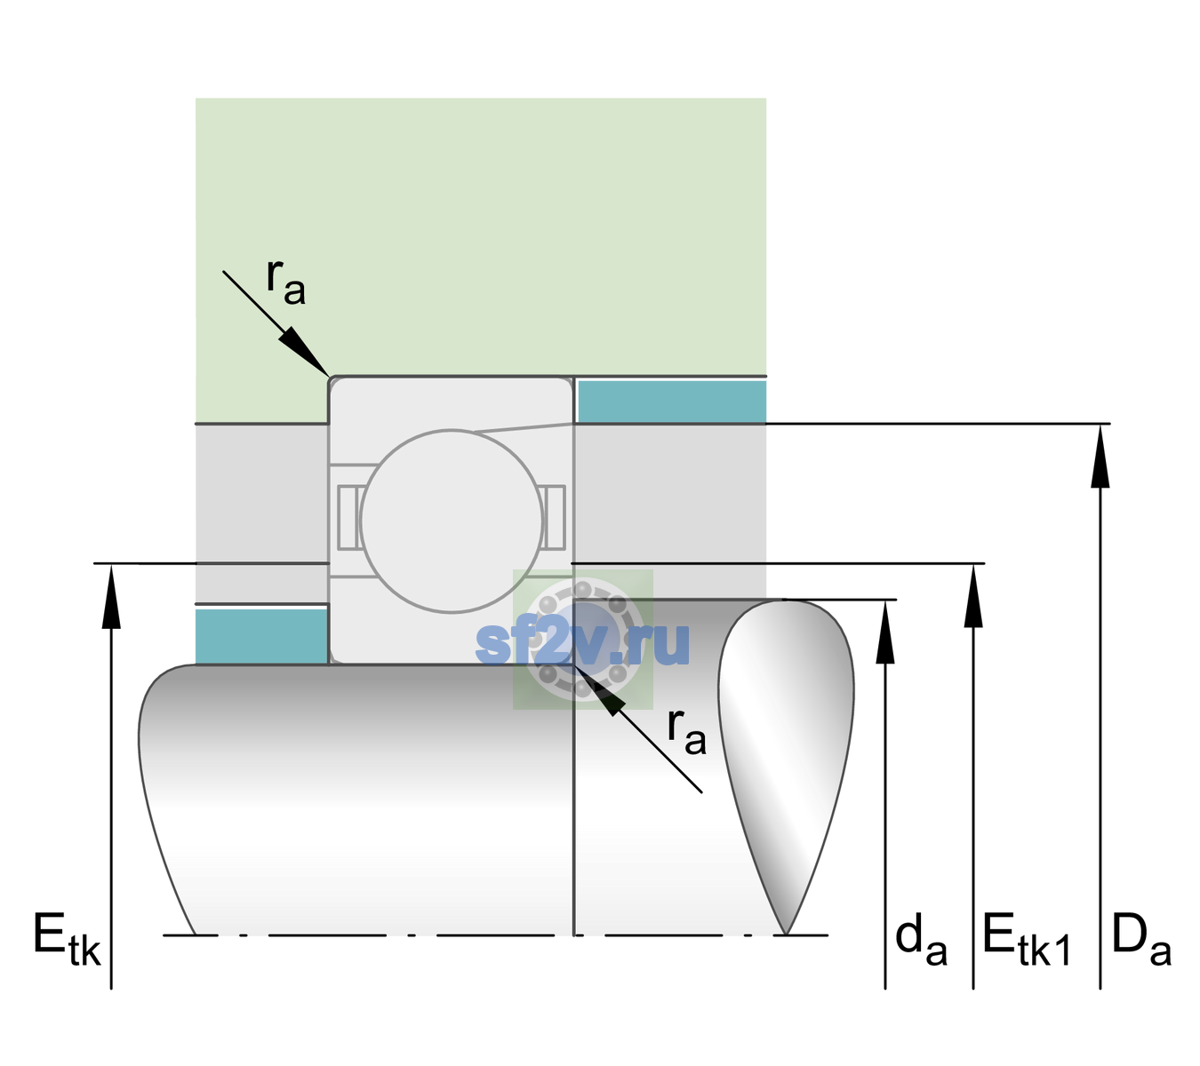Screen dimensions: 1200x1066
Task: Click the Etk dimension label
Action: [x=67, y=939]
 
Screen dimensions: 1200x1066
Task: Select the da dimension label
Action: [x=921, y=939]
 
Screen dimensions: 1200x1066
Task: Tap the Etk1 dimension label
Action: [x=1027, y=939]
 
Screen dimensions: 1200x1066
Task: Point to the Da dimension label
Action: [x=1141, y=939]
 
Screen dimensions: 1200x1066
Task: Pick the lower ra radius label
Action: [x=686, y=732]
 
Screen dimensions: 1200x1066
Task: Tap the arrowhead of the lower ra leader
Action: [x=599, y=689]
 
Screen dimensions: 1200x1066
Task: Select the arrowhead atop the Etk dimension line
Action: [x=111, y=596]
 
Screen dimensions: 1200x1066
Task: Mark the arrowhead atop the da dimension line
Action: [x=885, y=632]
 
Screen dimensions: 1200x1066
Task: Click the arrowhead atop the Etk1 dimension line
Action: [x=973, y=596]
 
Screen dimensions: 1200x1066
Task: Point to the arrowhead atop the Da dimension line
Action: [x=1100, y=457]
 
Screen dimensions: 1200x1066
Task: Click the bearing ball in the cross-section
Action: [x=452, y=521]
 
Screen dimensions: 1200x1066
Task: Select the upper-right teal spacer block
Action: [x=672, y=401]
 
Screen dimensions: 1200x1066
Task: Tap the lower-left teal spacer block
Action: [x=262, y=637]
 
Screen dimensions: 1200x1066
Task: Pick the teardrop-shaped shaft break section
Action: [x=786, y=767]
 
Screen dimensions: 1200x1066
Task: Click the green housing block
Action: [x=480, y=237]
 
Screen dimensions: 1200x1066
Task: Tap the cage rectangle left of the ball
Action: [x=348, y=517]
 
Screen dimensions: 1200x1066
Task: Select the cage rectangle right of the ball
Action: [x=555, y=517]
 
